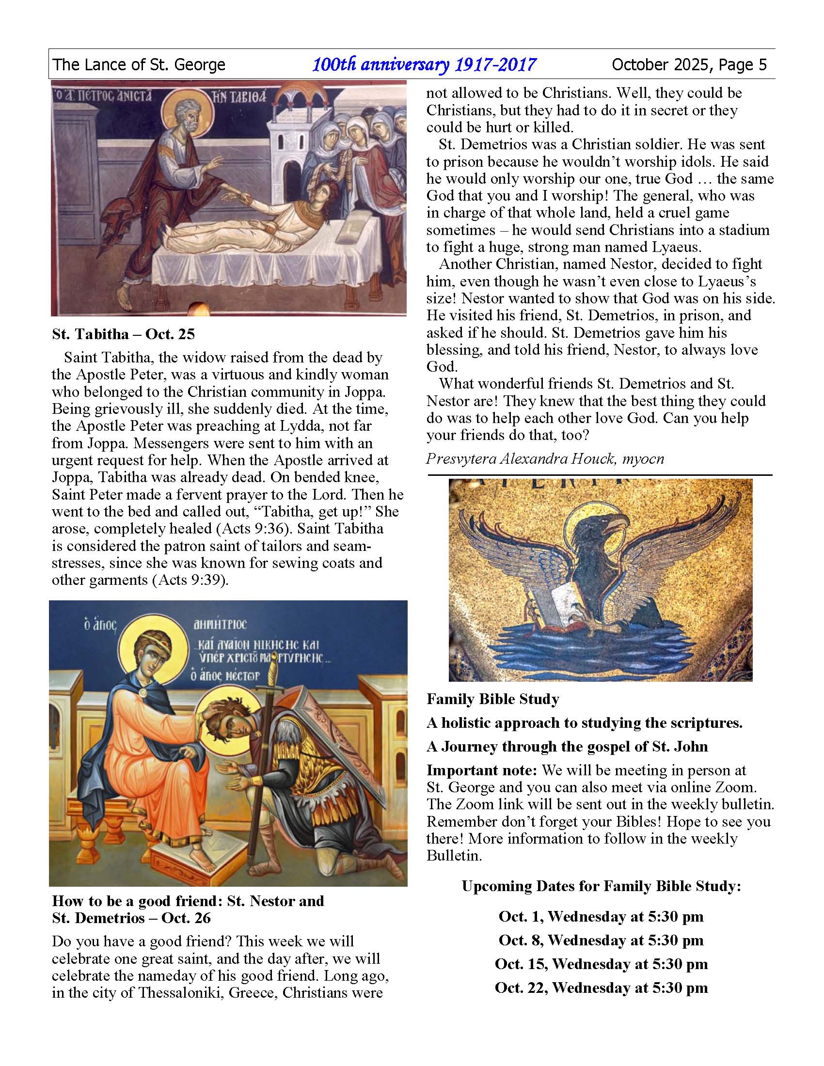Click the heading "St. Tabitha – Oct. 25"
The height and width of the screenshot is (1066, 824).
[x=123, y=334]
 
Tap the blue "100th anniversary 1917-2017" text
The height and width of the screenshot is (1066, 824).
[x=424, y=64]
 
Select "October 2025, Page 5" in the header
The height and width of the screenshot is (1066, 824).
[x=689, y=64]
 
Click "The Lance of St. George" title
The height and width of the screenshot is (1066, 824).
[x=139, y=64]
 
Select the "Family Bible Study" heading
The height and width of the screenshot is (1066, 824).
[x=492, y=699]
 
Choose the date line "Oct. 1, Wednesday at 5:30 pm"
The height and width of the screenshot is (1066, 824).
[x=601, y=916]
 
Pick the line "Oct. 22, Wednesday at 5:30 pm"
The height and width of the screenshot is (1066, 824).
[x=601, y=988]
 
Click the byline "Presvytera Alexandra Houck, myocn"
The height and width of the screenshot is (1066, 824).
[x=545, y=458]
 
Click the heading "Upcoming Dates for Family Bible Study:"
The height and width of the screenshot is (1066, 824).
[x=601, y=886]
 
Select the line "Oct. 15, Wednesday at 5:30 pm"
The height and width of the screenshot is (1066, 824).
[x=601, y=964]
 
